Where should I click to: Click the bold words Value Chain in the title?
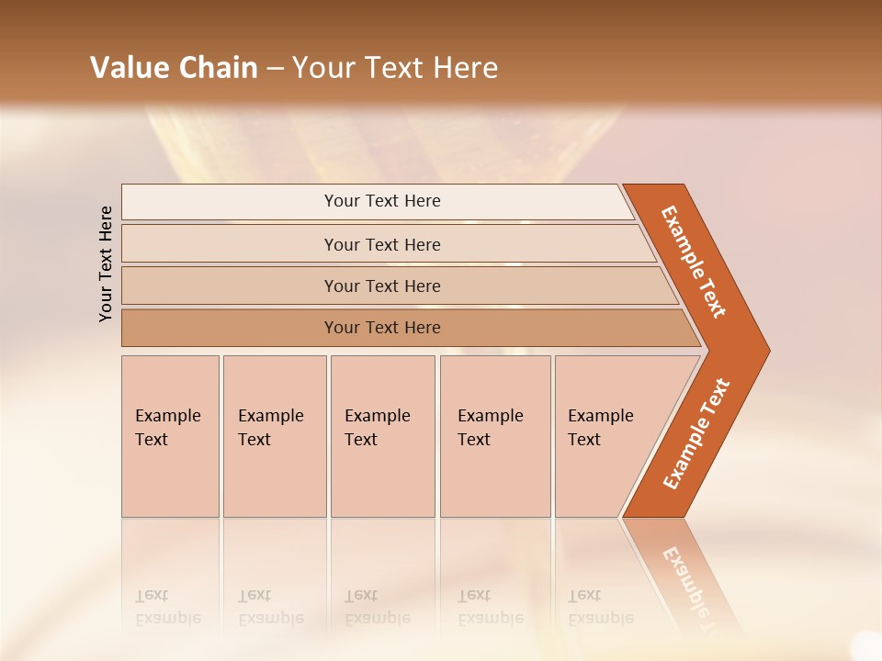click(174, 68)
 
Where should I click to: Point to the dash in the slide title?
click(275, 69)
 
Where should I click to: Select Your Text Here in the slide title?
click(395, 68)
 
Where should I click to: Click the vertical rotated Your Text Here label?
click(106, 263)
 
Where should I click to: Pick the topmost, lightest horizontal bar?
click(381, 201)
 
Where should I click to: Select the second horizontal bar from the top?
click(381, 244)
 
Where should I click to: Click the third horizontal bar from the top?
click(381, 286)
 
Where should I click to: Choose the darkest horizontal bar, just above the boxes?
click(381, 328)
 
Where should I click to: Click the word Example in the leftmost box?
click(167, 416)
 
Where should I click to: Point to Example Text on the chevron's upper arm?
click(694, 262)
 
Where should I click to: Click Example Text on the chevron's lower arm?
click(696, 433)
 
